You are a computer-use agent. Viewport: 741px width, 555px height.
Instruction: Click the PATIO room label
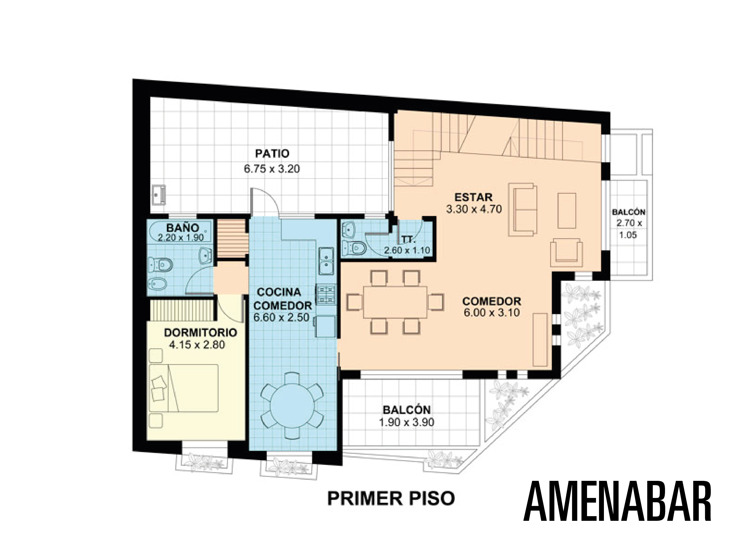pos(272,154)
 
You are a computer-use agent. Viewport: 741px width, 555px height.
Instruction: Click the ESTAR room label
pos(473,196)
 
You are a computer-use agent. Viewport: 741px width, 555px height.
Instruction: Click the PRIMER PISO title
pos(391,498)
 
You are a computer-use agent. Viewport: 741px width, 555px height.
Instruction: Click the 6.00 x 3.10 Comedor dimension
pos(491,313)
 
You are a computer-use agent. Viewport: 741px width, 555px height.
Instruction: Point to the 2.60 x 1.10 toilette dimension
pos(407,250)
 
